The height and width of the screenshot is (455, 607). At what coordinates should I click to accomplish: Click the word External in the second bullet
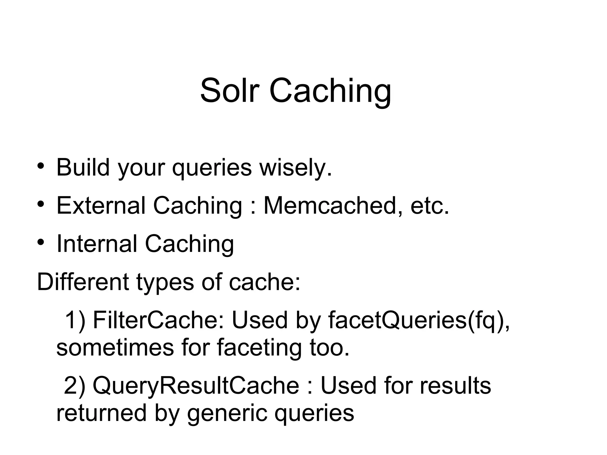pos(101,205)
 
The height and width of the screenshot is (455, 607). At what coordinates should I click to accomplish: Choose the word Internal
pos(97,244)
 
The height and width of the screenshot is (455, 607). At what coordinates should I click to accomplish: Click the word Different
pos(83,282)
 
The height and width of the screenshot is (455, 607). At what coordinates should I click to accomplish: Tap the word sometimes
pos(115,347)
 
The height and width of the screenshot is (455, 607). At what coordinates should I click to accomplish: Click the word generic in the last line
pos(227,413)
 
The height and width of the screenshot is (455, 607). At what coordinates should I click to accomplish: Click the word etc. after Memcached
pos(430,206)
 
